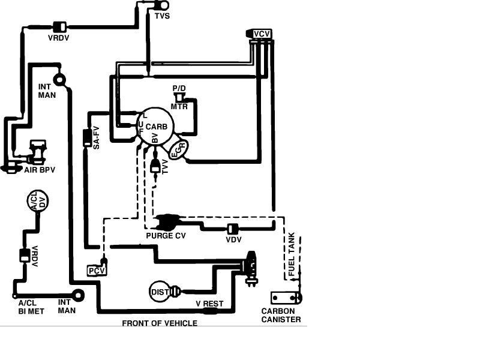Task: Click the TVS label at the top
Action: (x=162, y=16)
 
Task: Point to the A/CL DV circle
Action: (x=38, y=203)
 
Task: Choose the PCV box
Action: (x=97, y=271)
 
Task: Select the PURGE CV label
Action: (x=166, y=236)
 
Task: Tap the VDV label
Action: (x=233, y=239)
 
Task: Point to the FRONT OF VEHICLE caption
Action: (x=160, y=323)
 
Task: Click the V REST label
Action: (x=209, y=304)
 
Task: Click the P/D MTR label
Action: (x=179, y=97)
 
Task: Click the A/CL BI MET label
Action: (x=31, y=307)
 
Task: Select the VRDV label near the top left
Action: (x=59, y=38)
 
